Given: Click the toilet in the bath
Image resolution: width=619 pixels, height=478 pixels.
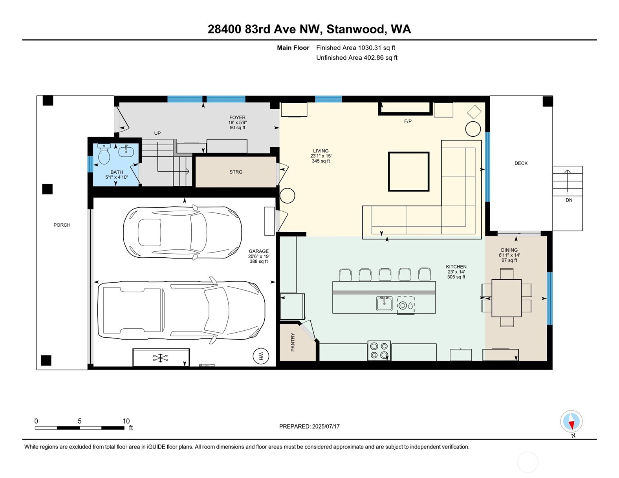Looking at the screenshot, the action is (104, 154).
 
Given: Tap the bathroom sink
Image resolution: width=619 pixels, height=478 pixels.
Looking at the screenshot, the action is (126, 151).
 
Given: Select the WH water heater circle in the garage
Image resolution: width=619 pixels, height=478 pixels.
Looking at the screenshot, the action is (261, 356).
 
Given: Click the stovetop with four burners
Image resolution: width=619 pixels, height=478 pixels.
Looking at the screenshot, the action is (379, 351).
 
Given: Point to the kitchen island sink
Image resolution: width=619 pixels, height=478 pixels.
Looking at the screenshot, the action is (384, 303).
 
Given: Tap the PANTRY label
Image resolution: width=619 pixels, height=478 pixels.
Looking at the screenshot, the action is (293, 342).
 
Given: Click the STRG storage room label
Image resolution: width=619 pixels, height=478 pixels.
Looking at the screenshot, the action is (236, 172).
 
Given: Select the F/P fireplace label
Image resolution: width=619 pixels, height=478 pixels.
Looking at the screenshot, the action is (408, 121).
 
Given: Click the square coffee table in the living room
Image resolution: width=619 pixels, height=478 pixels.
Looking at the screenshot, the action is (408, 172).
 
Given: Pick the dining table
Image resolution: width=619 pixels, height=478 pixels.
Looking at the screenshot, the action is (507, 298).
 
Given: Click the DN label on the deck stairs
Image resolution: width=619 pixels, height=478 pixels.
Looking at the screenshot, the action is (569, 200).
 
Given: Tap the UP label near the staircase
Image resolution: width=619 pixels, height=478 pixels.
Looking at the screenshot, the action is (157, 133).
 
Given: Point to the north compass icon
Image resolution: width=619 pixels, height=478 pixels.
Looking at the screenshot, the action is (571, 421).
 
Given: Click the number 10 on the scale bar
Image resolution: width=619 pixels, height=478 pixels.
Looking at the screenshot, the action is (126, 421).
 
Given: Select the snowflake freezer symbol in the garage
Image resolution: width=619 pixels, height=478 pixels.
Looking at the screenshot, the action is (160, 358).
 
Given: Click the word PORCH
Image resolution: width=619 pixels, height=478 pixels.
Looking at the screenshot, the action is (62, 225).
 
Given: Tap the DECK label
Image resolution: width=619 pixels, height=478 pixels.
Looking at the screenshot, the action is (521, 163).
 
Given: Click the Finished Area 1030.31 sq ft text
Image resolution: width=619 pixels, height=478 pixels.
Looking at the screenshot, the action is (355, 48).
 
